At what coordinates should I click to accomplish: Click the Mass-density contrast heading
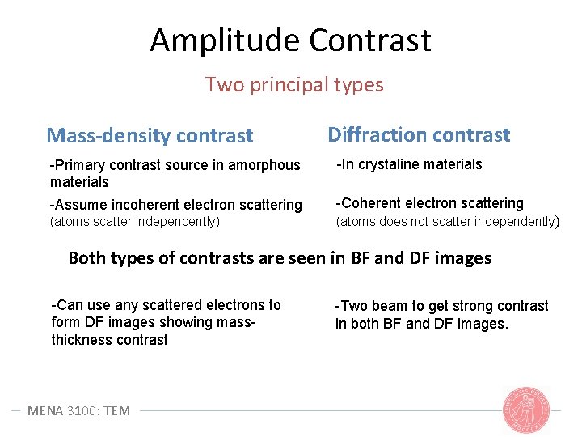pos(150,136)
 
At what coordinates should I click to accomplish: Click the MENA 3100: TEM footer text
pos(78,410)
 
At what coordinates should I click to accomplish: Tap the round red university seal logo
pos(525,409)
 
